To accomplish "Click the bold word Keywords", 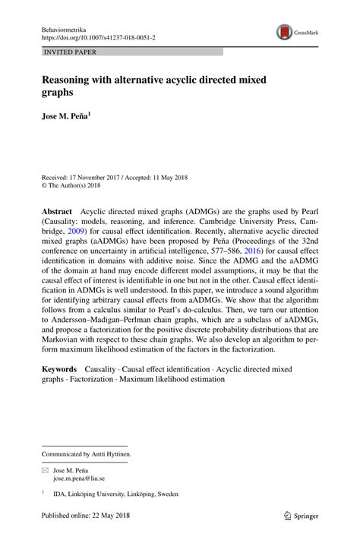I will pos(60,368).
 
